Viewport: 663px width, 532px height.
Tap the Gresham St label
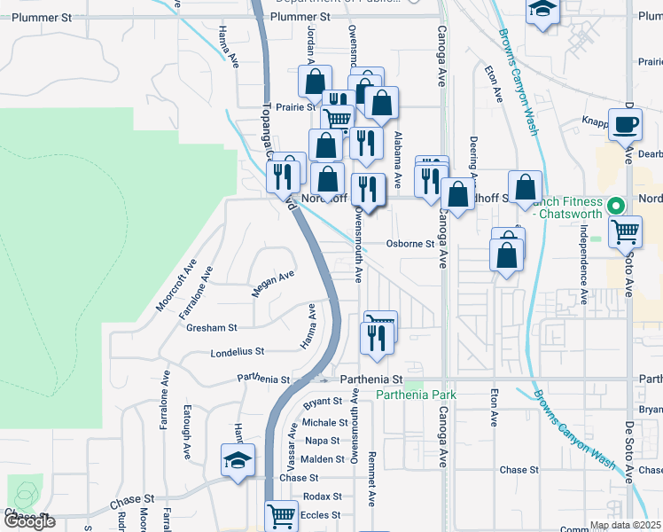(212, 327)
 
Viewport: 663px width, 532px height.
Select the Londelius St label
(238, 351)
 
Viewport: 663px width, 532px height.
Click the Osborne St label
(409, 244)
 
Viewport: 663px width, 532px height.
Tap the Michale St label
(324, 423)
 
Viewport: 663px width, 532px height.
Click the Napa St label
(322, 441)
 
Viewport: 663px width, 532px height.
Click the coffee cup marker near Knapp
(626, 124)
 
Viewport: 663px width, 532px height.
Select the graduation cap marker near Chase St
(238, 461)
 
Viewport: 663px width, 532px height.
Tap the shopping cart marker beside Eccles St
(282, 514)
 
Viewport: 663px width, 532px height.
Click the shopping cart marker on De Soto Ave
(626, 231)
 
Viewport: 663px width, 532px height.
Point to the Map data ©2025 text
(625, 526)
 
